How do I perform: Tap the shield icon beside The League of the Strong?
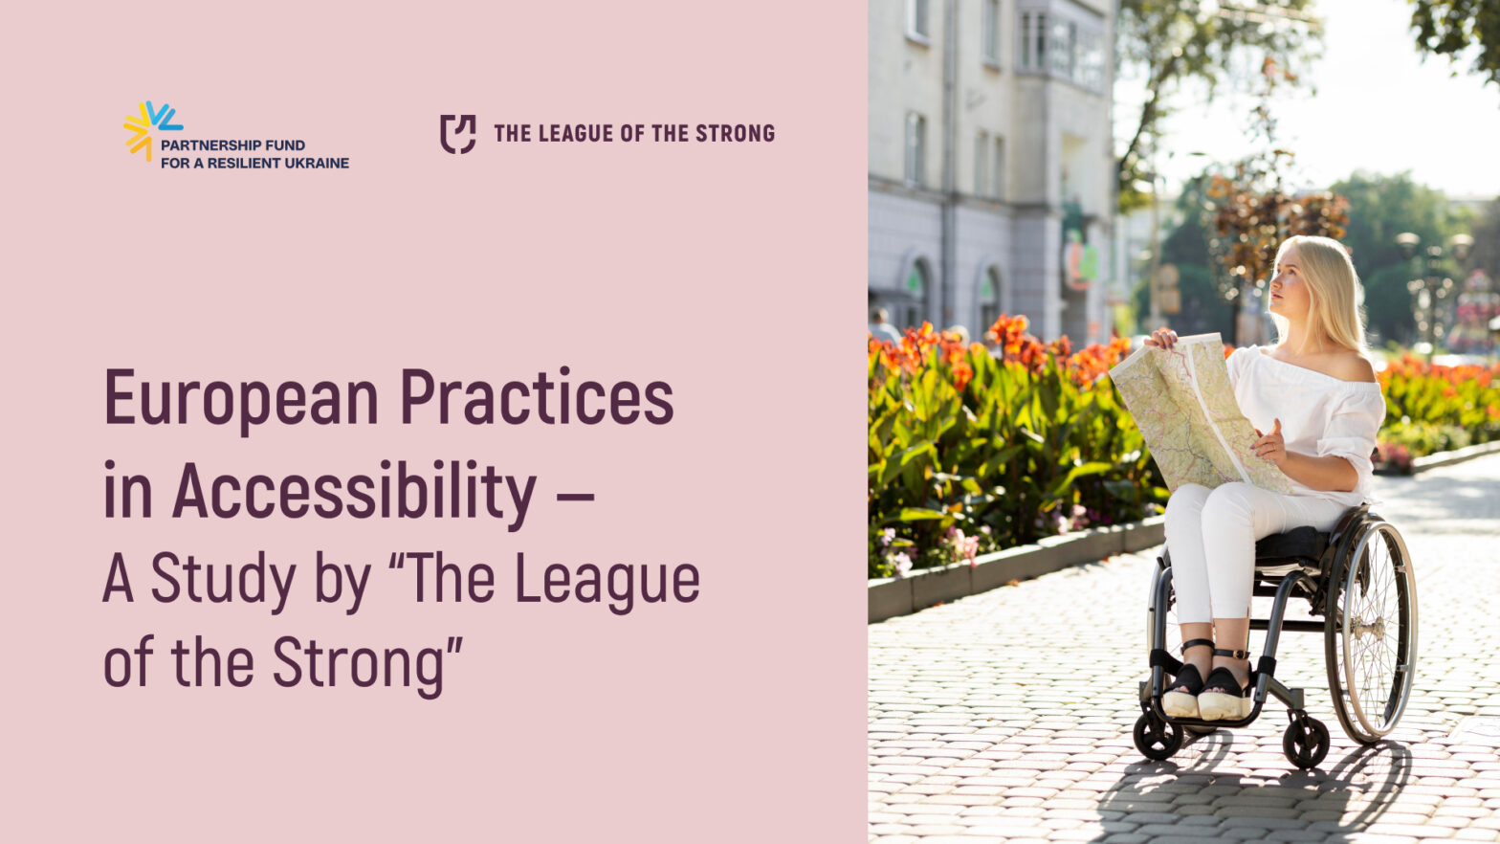click(x=458, y=134)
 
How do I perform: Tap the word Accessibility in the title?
click(x=354, y=491)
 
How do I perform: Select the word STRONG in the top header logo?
click(x=736, y=133)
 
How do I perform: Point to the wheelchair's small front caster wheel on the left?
click(x=1158, y=736)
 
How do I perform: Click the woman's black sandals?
click(x=1205, y=687)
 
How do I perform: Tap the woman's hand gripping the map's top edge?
click(x=1161, y=339)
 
